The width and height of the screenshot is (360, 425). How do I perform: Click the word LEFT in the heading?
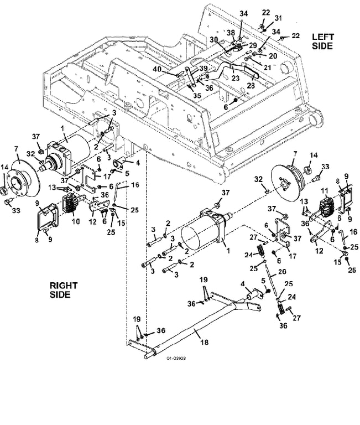pos(322,37)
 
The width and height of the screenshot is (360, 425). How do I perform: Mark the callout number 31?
pos(279,18)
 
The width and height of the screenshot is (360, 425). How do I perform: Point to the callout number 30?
pos(213,39)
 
